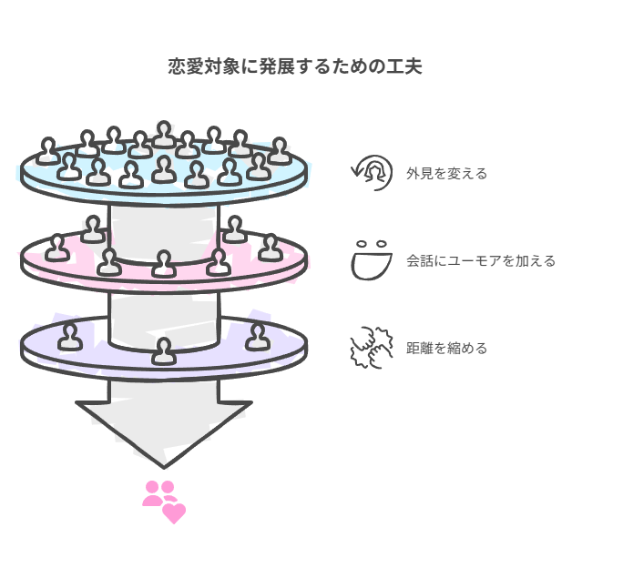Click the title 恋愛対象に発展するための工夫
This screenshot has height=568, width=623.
click(x=294, y=66)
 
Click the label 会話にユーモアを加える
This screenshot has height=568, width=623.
click(x=480, y=261)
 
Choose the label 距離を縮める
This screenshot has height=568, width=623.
click(x=446, y=349)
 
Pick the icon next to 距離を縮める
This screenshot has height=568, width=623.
click(x=371, y=347)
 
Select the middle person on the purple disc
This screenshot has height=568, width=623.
click(x=164, y=350)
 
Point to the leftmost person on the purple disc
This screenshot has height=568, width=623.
click(x=69, y=337)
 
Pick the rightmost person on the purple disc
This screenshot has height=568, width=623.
click(x=258, y=337)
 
